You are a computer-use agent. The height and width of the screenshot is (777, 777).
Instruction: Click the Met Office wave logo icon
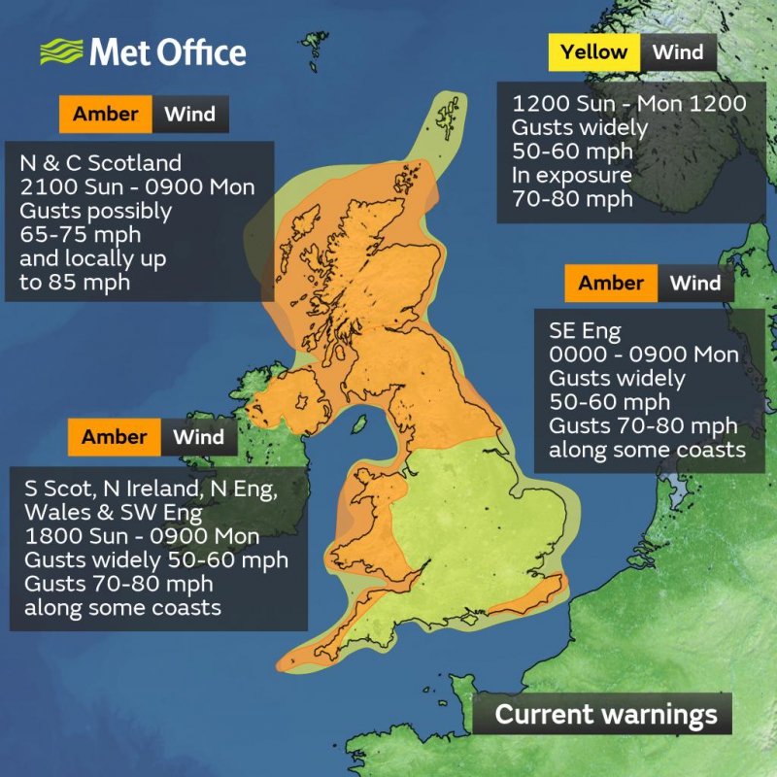pos(61,51)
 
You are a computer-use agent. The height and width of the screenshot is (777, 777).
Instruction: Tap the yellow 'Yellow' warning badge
pos(593,52)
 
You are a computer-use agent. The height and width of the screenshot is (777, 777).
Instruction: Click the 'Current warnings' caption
pos(606,715)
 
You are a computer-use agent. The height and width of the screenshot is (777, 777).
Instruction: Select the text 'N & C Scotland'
pos(101,162)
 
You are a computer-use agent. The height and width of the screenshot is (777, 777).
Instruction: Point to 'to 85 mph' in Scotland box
pos(76,283)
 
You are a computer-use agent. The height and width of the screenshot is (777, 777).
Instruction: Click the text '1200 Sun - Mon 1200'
pos(628,104)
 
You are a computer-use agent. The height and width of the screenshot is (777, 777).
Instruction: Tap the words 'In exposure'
pos(572,176)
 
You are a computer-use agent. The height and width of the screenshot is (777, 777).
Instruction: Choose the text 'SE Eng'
pos(584,329)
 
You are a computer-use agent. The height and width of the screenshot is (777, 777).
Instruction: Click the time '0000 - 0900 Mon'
pos(643,354)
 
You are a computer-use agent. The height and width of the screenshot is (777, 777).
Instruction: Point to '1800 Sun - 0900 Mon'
pos(142,536)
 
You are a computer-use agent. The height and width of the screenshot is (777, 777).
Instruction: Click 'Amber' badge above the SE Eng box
pos(611,284)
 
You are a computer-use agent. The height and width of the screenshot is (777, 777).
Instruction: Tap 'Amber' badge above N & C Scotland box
pos(106,115)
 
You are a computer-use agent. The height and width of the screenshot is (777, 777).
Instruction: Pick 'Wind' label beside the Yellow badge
pos(678,52)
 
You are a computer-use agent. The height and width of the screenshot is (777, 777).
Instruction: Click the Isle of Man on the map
pos(358,425)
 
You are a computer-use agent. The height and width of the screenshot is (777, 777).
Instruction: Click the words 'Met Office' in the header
pos(168,51)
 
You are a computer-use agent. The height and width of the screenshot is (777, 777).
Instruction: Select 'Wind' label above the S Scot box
pos(198,437)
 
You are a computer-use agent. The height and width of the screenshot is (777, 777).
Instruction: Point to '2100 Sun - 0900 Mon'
pos(137,186)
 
